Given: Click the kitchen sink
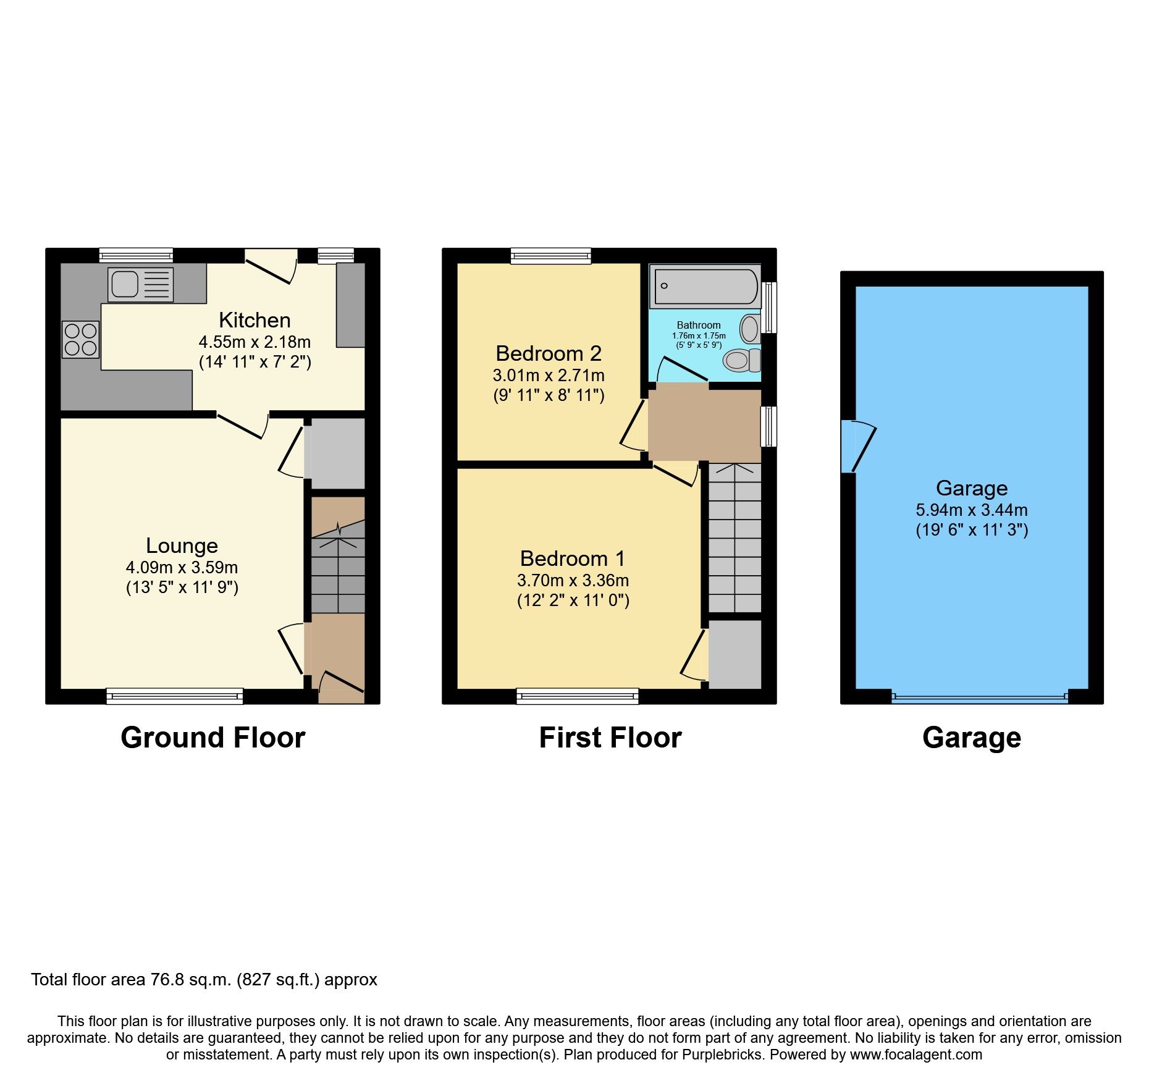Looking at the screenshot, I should point(140,285).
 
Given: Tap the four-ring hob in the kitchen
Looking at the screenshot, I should point(80,340).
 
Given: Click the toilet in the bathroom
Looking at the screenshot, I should point(742,360).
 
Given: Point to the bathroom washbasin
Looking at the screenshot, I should point(750,329).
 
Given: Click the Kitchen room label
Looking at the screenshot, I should point(255,320).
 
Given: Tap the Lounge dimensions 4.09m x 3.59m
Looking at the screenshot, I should point(182,567).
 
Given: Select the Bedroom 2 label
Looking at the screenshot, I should point(548,353).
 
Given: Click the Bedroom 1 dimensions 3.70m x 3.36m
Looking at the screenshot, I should point(573,581).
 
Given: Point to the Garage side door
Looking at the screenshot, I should point(857,446).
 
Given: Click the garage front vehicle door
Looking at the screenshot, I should point(980,697).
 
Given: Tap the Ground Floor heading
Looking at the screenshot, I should point(213,738).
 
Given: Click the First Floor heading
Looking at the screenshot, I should point(610,738).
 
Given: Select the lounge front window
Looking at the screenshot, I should point(175,697).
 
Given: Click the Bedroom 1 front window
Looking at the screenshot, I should point(578,697).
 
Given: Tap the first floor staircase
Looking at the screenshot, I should point(734,537).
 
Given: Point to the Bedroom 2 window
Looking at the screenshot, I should point(550,255).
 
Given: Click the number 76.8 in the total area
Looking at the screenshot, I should point(167,980).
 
